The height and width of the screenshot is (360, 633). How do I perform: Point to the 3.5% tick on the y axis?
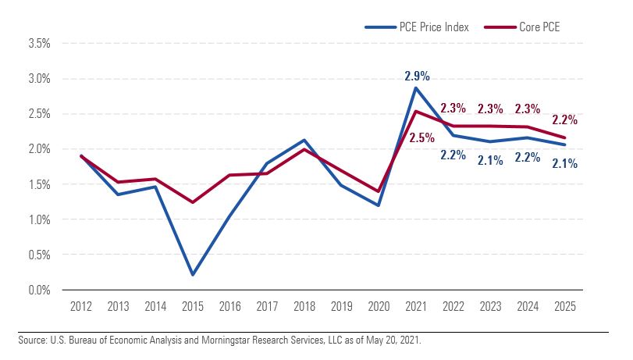[39, 44]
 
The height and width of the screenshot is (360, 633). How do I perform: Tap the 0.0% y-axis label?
[39, 290]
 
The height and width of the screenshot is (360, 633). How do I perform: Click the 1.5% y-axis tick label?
[39, 185]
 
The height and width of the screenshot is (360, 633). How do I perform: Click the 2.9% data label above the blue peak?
[417, 76]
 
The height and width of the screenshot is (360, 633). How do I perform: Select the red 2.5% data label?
[421, 138]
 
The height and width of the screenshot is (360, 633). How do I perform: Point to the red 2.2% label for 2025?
[565, 120]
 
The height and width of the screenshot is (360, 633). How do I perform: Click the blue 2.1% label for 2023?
[490, 160]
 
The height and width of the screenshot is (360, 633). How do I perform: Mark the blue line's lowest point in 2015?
[192, 275]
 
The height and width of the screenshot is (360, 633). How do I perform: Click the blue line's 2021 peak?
[416, 87]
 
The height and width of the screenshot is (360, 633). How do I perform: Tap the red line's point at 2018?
[304, 149]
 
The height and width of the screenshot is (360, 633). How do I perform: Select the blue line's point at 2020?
[379, 205]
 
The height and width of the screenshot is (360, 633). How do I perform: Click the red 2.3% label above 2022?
[453, 109]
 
